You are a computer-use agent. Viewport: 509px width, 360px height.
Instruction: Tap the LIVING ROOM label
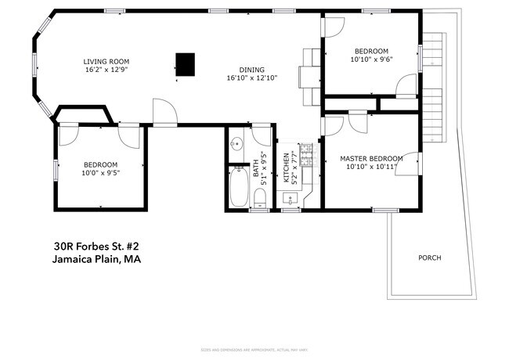(x=106, y=61)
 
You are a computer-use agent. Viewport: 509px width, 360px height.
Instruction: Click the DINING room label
(x=252, y=69)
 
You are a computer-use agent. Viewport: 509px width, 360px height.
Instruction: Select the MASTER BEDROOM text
(x=371, y=159)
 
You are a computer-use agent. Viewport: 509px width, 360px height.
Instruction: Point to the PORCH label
(x=429, y=257)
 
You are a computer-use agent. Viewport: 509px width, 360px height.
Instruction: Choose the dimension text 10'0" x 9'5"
(x=100, y=173)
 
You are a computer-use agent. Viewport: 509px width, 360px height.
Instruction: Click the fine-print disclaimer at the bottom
(x=254, y=349)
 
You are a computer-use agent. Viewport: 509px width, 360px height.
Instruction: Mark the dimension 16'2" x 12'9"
(x=106, y=70)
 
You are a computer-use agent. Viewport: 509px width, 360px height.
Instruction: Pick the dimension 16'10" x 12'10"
(x=252, y=77)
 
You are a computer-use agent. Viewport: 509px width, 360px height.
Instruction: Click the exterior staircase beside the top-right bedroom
(x=432, y=86)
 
